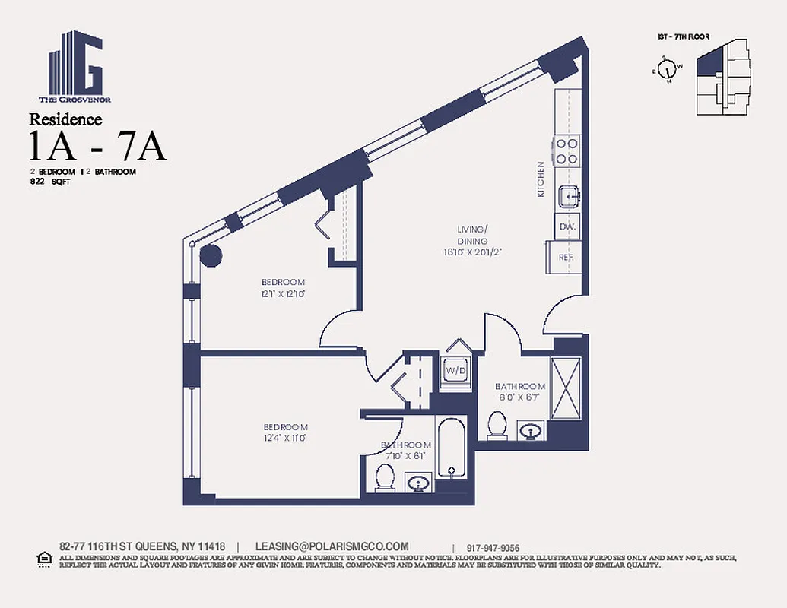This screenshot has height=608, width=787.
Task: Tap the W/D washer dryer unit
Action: [x=455, y=370]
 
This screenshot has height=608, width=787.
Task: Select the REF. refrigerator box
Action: [x=564, y=257]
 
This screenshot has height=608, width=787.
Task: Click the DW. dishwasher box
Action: [x=566, y=226]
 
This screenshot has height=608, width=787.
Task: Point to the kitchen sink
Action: [x=567, y=197]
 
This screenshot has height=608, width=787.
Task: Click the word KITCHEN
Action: [x=541, y=179]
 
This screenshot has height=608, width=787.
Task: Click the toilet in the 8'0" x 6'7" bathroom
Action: [x=497, y=425]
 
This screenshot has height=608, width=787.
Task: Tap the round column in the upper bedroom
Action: [x=210, y=256]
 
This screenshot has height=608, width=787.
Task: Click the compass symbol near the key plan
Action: [x=668, y=68]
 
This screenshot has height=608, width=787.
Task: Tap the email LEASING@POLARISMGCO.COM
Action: [x=332, y=546]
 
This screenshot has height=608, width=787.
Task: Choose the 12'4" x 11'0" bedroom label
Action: [x=285, y=432]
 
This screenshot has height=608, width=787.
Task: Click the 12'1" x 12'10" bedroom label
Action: [x=283, y=287]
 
